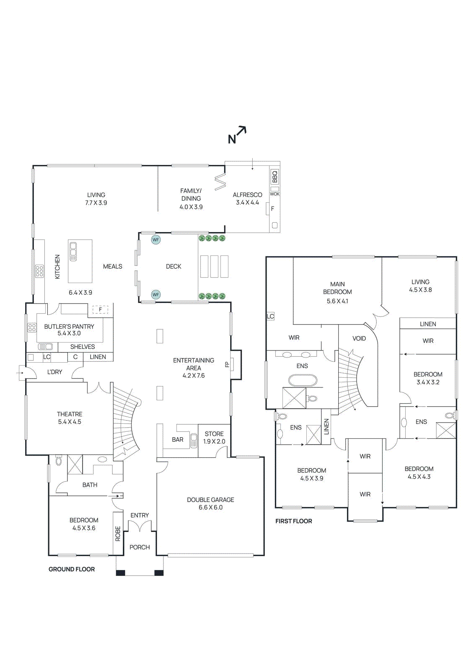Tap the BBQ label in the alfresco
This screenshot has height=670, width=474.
pyautogui.click(x=275, y=177)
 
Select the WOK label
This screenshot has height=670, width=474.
pyautogui.click(x=275, y=194)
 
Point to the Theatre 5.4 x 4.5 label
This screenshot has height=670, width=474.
pyautogui.click(x=70, y=418)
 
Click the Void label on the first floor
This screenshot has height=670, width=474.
pyautogui.click(x=359, y=338)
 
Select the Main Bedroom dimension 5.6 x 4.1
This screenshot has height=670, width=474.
pyautogui.click(x=337, y=301)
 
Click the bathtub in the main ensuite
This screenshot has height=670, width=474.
pyautogui.click(x=302, y=380)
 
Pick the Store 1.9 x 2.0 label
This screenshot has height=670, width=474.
pyautogui.click(x=214, y=438)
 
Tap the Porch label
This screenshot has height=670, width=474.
pyautogui.click(x=140, y=547)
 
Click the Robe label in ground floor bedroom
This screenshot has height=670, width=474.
pyautogui.click(x=118, y=533)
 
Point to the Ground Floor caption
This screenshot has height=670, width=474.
pyautogui.click(x=72, y=569)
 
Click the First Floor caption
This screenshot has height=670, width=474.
pyautogui.click(x=293, y=521)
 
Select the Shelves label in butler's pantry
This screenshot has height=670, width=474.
pyautogui.click(x=83, y=347)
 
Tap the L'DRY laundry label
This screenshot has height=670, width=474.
pyautogui.click(x=54, y=372)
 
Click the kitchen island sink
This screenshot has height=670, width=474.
pyautogui.click(x=73, y=251)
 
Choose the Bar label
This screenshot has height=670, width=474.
pyautogui.click(x=178, y=440)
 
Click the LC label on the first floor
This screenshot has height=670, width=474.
pyautogui.click(x=270, y=316)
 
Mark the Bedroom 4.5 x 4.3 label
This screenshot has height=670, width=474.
pyautogui.click(x=419, y=473)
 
